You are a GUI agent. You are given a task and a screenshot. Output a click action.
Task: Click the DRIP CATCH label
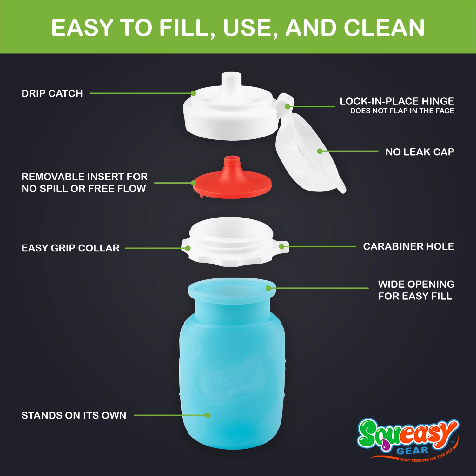[x=52, y=93]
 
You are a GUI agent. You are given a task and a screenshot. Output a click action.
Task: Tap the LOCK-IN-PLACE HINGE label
[x=397, y=101]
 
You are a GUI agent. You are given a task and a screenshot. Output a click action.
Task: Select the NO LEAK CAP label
[x=420, y=152]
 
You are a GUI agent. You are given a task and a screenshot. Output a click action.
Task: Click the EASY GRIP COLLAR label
[x=70, y=248]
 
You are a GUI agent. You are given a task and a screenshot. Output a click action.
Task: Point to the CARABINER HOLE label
[x=409, y=246]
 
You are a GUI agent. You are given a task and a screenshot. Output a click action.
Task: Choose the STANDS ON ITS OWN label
[x=74, y=415]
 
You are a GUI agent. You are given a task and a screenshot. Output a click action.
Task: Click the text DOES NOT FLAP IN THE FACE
[x=402, y=111]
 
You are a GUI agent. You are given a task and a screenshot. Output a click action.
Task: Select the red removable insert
[x=232, y=179]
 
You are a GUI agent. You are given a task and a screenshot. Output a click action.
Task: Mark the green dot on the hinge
[x=288, y=107]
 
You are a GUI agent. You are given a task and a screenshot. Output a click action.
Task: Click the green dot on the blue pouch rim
[x=268, y=288]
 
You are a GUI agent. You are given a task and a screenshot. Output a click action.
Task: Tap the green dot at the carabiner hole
[x=282, y=246]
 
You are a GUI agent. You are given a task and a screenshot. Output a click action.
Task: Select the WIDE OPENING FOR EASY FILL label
[x=416, y=290]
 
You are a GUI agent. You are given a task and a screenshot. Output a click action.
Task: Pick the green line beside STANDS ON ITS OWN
[x=170, y=415]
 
